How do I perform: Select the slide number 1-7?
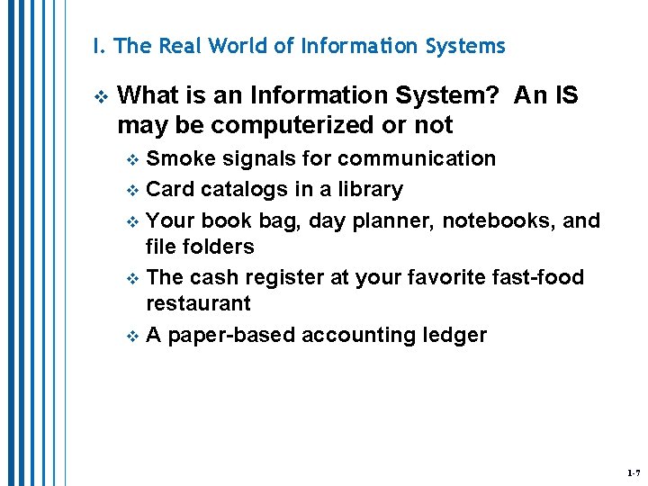coord(634,472)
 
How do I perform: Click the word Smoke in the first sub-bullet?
coord(176,159)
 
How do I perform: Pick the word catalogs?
coord(235,190)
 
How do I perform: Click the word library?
coord(367,190)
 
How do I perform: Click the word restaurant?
coord(199,303)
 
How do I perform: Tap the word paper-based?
coord(232,336)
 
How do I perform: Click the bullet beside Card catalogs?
coord(133,191)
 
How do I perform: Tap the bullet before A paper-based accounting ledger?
coord(133,337)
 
